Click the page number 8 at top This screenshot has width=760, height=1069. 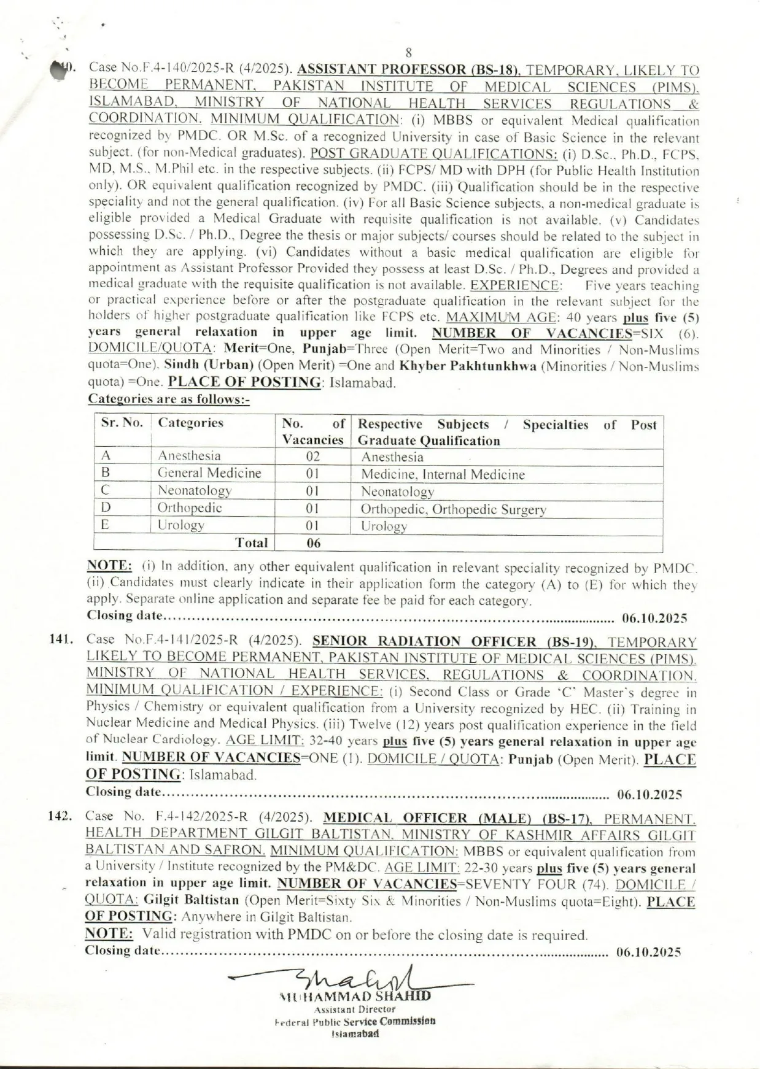coord(408,53)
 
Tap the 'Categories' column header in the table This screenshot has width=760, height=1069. coord(190,423)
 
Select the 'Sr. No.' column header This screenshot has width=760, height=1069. coord(122,423)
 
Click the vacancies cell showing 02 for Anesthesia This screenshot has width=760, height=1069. coord(312,457)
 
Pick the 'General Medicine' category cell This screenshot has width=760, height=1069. coord(209,473)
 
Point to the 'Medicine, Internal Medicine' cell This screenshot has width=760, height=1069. coord(443,474)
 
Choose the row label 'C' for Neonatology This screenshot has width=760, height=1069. coord(106,490)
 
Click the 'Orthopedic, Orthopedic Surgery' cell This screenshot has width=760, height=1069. coord(453,509)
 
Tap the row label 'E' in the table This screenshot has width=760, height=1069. coord(106,525)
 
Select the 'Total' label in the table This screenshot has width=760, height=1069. coord(252,543)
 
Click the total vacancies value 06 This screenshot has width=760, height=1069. coord(313,543)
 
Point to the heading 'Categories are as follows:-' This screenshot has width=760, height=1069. coord(169,399)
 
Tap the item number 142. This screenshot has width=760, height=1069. coord(61,817)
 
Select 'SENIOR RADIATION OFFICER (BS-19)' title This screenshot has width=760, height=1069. coord(455,642)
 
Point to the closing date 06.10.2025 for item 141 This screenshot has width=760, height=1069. coord(649,795)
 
